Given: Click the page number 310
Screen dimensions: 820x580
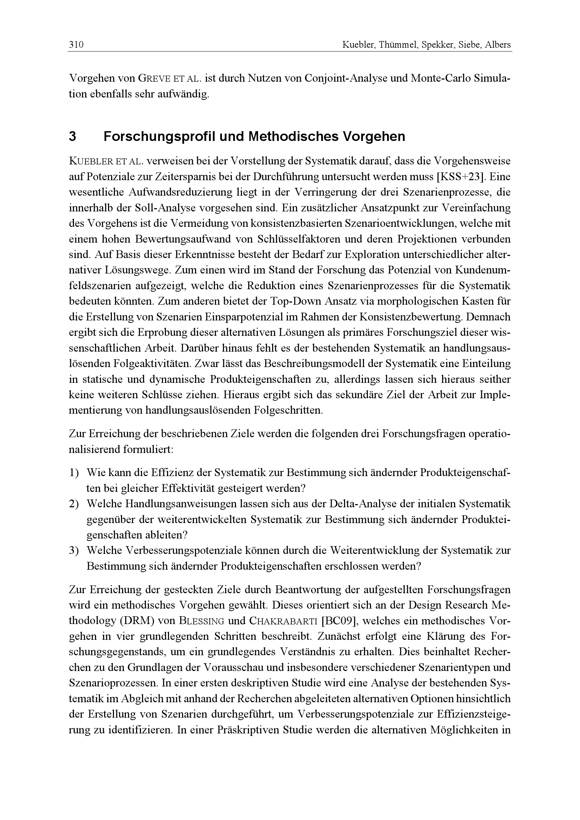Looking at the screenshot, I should [76, 45].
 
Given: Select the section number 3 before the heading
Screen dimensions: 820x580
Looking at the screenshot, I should [73, 136].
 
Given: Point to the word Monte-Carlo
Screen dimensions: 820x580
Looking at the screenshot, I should [441, 79].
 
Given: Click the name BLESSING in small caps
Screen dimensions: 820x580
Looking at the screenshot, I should [201, 621].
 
